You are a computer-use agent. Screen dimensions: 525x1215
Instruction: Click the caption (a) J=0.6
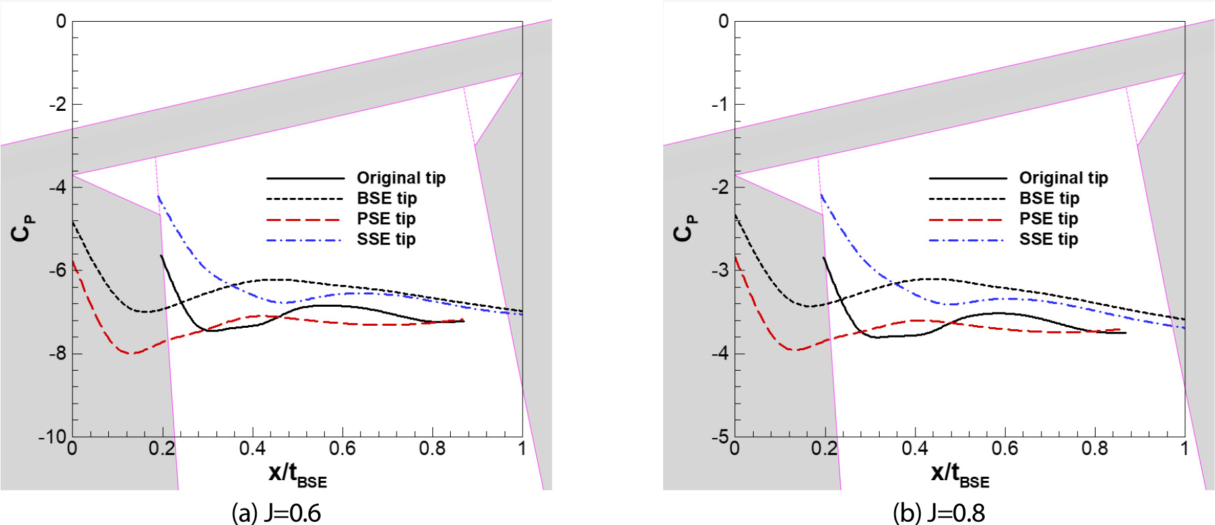point(276,512)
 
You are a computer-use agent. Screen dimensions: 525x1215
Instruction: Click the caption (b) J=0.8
point(938,512)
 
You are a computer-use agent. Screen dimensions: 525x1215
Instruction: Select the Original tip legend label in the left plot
point(401,178)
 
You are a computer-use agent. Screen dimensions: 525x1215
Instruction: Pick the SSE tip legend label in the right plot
point(1048,239)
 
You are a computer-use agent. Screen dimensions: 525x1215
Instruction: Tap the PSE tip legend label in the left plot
point(386,218)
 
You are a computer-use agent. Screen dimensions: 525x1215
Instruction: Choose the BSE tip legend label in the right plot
point(1049,198)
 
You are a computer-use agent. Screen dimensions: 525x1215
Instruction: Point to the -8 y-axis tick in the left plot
point(58,354)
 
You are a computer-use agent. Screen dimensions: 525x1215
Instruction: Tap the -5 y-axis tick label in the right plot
point(720,437)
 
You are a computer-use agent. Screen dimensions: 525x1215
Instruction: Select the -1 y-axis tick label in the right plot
point(720,104)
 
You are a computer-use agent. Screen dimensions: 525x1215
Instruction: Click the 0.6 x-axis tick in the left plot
point(342,449)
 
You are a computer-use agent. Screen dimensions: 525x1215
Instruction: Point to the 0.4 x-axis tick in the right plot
point(915,449)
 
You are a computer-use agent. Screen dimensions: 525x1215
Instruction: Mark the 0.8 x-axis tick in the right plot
point(1094,449)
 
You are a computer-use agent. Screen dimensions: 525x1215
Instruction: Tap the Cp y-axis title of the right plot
point(684,228)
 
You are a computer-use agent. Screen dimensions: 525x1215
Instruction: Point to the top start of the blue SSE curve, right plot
point(821,195)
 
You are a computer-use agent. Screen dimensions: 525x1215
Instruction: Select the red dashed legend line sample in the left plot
point(304,219)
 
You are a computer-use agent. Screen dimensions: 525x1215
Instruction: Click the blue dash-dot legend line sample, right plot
point(967,239)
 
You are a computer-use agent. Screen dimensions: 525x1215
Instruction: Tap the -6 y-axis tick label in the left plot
point(58,270)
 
